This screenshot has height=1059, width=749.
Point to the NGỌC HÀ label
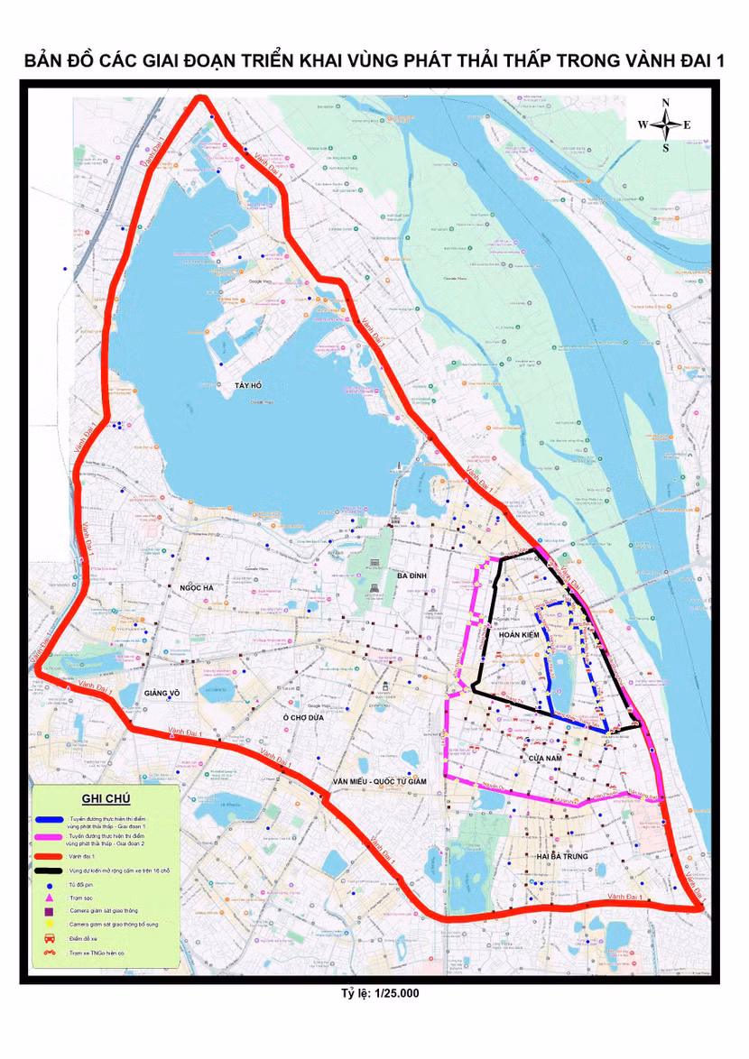(x=197, y=587)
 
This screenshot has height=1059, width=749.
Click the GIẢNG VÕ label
(x=163, y=693)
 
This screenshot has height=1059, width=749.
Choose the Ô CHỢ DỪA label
(x=301, y=717)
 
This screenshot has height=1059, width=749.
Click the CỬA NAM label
(x=546, y=759)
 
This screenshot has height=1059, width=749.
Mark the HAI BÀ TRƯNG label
(x=561, y=855)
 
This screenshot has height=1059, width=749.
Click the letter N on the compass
(x=665, y=102)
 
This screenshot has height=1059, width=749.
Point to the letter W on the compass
(x=643, y=124)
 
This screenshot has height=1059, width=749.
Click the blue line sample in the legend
(x=53, y=821)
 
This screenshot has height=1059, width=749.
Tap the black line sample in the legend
(x=53, y=870)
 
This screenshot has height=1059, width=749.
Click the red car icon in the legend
(x=52, y=938)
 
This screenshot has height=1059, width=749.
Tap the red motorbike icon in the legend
(x=52, y=952)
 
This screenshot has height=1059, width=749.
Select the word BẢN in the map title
(x=47, y=61)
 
